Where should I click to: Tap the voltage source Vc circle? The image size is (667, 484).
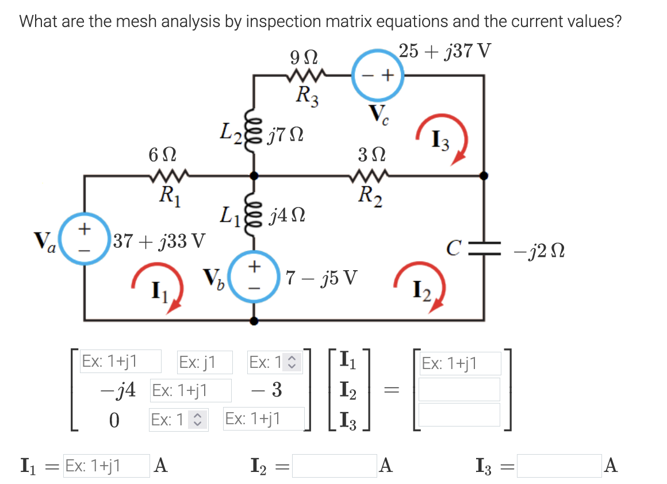(378, 75)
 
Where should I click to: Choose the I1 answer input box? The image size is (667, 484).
(106, 466)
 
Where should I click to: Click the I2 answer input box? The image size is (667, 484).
(334, 466)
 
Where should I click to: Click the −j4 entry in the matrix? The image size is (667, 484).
(118, 390)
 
